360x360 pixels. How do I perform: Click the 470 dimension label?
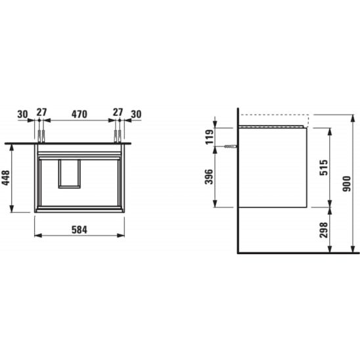tap(79, 114)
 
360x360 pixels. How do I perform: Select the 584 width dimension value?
tap(79, 230)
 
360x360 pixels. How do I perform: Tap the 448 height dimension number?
tap(6, 178)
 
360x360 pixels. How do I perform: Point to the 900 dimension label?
tap(347, 184)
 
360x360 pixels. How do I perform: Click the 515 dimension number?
tap(324, 168)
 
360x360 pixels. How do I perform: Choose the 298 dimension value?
tap(324, 230)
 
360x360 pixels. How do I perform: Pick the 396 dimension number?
tap(209, 177)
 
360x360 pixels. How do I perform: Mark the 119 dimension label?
tap(209, 137)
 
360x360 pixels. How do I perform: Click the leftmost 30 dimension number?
tap(22, 114)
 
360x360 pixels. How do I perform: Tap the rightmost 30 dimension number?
tap(136, 114)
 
